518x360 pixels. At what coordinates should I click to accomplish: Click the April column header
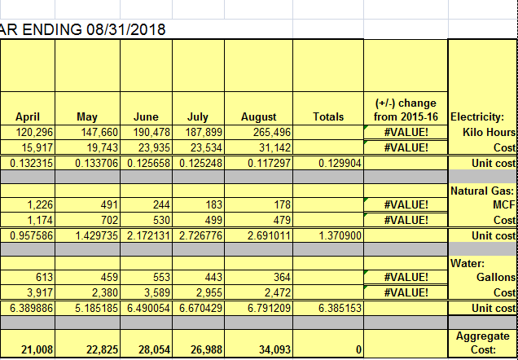click(x=28, y=117)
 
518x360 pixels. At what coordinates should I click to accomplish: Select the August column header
click(x=259, y=117)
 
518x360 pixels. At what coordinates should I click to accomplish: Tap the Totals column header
click(x=328, y=117)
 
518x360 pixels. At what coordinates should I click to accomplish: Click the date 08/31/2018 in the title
click(x=126, y=29)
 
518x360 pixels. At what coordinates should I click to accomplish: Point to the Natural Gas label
click(x=482, y=191)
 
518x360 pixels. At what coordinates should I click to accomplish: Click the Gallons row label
click(x=496, y=278)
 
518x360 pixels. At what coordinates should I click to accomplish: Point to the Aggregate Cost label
click(x=483, y=343)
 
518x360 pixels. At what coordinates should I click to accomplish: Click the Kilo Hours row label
click(x=489, y=133)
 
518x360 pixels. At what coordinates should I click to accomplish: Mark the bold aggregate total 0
click(x=358, y=349)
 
